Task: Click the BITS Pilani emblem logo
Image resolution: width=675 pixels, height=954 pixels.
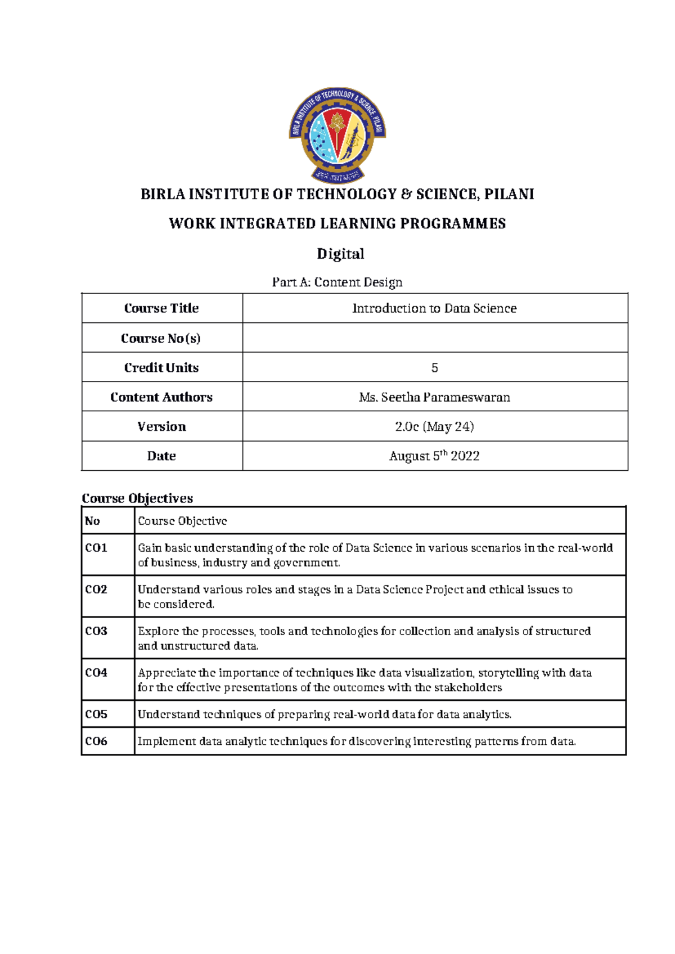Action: tap(337, 135)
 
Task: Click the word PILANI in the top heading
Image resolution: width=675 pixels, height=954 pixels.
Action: tap(509, 195)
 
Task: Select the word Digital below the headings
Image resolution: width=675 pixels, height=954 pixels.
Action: tap(340, 254)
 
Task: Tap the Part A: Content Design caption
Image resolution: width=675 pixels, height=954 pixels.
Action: tap(337, 282)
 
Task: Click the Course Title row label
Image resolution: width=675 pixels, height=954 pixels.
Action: tap(161, 308)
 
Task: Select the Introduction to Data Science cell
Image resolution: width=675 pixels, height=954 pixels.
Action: tap(434, 308)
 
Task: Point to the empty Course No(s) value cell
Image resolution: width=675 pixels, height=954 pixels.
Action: tap(434, 338)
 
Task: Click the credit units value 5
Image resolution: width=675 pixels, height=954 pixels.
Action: tap(434, 368)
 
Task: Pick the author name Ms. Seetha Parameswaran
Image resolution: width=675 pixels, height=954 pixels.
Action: tap(434, 397)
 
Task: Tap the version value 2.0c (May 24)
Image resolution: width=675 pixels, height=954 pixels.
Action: tap(434, 427)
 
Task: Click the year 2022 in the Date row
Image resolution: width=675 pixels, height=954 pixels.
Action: tap(465, 456)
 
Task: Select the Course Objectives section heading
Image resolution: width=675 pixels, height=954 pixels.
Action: tap(137, 498)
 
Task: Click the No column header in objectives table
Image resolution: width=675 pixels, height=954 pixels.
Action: tap(92, 521)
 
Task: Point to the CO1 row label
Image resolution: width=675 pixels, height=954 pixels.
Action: tap(96, 548)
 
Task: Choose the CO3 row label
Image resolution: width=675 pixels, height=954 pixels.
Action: tap(96, 631)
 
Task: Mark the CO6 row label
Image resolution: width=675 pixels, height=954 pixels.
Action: tap(96, 741)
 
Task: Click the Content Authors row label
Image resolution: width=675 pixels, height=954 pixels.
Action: tap(161, 397)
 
